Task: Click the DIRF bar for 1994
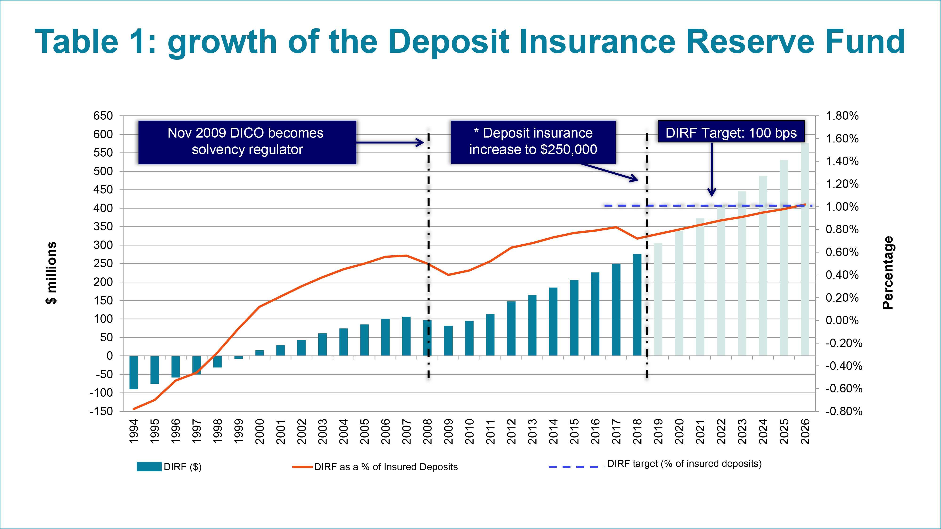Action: (134, 372)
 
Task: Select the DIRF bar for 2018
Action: (637, 305)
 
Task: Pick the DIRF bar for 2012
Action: (511, 329)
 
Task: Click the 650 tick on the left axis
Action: (103, 116)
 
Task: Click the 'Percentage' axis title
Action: (888, 273)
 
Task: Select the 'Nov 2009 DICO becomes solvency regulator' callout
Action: (247, 142)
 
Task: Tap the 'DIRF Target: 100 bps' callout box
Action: (731, 132)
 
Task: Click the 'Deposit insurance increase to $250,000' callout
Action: (533, 142)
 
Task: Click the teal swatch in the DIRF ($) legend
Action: (149, 466)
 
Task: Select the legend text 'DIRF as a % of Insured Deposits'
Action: (386, 467)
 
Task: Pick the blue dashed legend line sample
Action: (576, 466)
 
